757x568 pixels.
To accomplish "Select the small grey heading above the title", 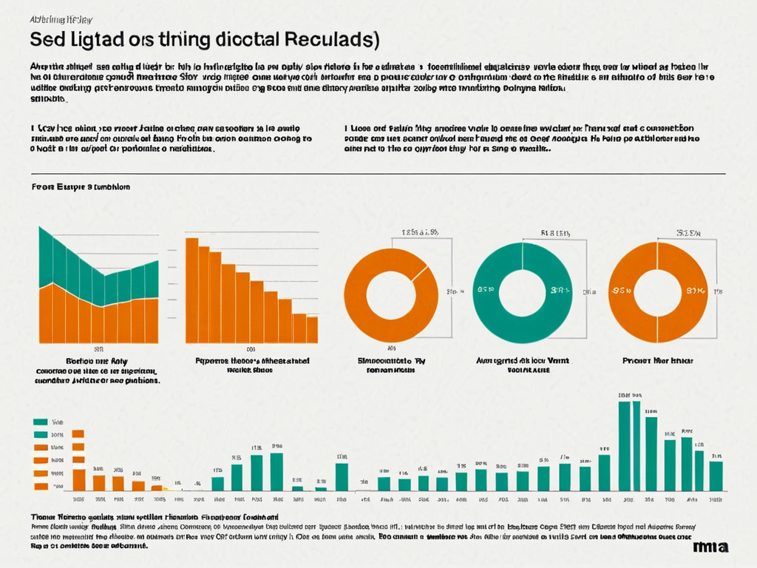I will point(61,20).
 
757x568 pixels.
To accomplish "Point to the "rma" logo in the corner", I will point(710,547).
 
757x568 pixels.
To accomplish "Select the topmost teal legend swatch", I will point(40,422).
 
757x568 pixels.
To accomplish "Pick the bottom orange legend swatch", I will point(40,484).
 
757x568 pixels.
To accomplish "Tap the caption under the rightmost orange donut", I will point(657,361).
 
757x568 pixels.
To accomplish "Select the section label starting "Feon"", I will point(81,187).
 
